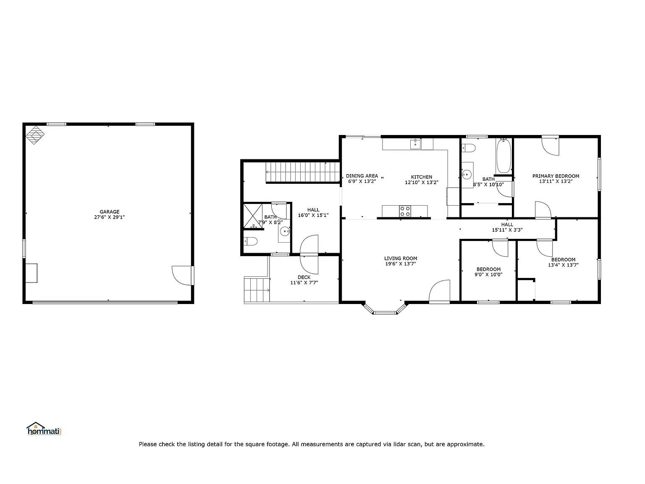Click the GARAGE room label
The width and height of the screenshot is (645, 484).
pyautogui.click(x=109, y=212)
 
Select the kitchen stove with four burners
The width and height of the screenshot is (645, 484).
pyautogui.click(x=405, y=211)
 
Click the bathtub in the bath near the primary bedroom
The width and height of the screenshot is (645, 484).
pyautogui.click(x=503, y=156)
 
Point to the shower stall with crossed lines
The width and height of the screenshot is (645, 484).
pyautogui.click(x=253, y=216)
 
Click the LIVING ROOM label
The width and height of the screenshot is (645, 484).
pyautogui.click(x=401, y=258)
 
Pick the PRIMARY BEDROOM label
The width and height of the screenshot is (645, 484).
pyautogui.click(x=556, y=176)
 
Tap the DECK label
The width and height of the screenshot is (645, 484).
pyautogui.click(x=304, y=277)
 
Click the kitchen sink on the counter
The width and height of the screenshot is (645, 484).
pyautogui.click(x=415, y=144)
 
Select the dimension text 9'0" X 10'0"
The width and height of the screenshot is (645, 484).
pyautogui.click(x=488, y=275)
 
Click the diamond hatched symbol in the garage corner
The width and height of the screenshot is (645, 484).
pyautogui.click(x=35, y=135)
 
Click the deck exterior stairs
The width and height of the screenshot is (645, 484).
pyautogui.click(x=257, y=290)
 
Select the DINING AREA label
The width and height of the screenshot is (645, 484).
pyautogui.click(x=362, y=176)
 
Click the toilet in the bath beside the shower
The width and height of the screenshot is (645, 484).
pyautogui.click(x=250, y=241)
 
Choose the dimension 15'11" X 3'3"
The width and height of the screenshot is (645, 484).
pyautogui.click(x=507, y=230)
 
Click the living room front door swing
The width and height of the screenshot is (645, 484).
pyautogui.click(x=439, y=291)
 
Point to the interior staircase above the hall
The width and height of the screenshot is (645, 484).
pyautogui.click(x=303, y=172)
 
